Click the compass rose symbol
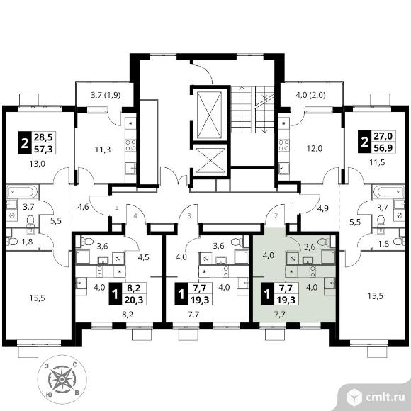[x=62, y=379]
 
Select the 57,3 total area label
[x=43, y=149]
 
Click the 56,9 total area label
[x=383, y=148]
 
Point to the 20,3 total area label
[x=134, y=299]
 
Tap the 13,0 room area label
[x=38, y=164]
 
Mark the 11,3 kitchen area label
[x=103, y=150]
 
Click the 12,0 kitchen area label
[x=315, y=149]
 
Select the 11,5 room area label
[x=377, y=162]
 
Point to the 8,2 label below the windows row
[x=128, y=315]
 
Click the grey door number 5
[x=117, y=208]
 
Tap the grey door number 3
[x=189, y=216]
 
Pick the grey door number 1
[x=293, y=205]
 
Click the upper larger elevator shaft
[x=210, y=115]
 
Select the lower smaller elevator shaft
[x=210, y=161]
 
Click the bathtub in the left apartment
[x=22, y=192]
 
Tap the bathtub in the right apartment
[x=389, y=191]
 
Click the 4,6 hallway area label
[x=83, y=207]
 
